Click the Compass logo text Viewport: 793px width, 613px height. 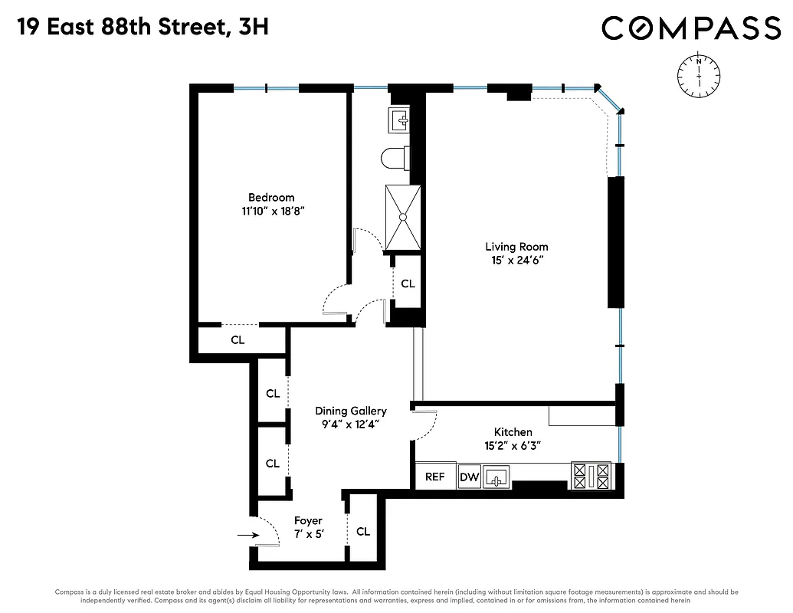(x=690, y=28)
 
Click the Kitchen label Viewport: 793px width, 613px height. (x=513, y=432)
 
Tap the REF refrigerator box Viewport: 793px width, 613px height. (x=434, y=477)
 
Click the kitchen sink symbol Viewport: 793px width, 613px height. (x=497, y=477)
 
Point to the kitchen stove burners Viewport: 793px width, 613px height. (x=591, y=476)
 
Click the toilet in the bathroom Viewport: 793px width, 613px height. (x=395, y=158)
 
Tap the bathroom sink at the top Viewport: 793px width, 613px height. (x=401, y=120)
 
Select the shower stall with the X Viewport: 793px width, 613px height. (x=402, y=217)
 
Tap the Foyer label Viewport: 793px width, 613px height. (x=309, y=521)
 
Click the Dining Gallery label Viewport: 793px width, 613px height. (x=351, y=411)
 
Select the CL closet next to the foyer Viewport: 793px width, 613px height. (x=363, y=531)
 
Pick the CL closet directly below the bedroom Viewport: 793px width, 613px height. (x=238, y=340)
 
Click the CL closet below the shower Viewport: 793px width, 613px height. (x=408, y=284)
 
